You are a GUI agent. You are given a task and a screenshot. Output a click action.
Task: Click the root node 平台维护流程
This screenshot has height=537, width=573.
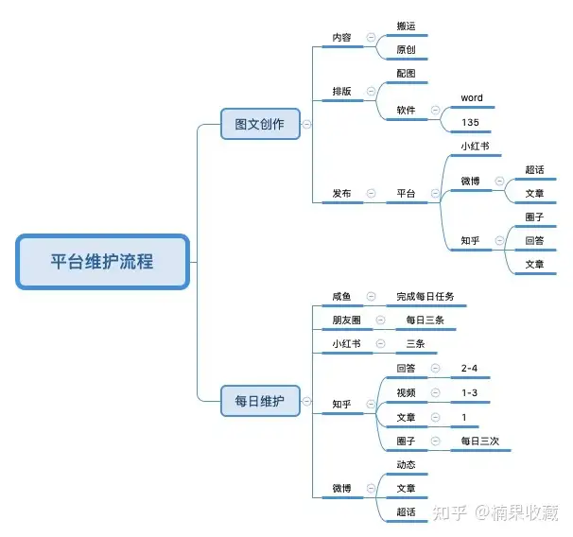[103, 262]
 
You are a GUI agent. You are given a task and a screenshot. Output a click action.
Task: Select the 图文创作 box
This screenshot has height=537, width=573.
[259, 124]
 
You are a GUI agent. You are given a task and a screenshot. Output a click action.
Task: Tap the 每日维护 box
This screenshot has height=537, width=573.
[259, 400]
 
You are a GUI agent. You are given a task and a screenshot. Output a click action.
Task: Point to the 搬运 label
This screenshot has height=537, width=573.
[407, 26]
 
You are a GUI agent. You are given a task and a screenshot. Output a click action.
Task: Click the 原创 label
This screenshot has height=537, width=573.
[407, 50]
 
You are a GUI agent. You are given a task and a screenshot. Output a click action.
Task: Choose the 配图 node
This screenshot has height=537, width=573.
[407, 74]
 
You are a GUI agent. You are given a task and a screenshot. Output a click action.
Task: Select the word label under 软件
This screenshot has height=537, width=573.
[472, 98]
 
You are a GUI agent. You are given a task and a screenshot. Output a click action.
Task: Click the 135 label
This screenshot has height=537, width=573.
[471, 123]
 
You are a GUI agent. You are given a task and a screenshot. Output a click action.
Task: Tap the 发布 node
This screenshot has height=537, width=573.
[341, 194]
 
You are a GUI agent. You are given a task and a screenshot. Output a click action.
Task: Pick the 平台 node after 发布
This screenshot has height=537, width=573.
[407, 194]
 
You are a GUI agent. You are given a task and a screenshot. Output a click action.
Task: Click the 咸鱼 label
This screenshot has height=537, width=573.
[341, 297]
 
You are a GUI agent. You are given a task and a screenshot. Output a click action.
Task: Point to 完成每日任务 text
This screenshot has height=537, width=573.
[425, 297]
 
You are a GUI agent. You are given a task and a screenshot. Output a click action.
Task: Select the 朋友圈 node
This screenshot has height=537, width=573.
[346, 320]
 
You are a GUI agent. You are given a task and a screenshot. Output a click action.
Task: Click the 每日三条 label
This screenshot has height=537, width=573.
[425, 320]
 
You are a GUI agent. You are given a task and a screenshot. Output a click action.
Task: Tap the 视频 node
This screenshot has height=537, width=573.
[407, 392]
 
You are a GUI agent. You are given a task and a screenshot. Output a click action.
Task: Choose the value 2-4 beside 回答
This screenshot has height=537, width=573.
[471, 368]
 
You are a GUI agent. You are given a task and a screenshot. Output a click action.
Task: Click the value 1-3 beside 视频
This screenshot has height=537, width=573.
[470, 392]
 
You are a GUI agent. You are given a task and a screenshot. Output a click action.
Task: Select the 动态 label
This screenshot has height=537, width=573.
[407, 464]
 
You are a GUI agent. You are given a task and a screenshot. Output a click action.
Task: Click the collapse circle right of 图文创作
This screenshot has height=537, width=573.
[307, 124]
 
